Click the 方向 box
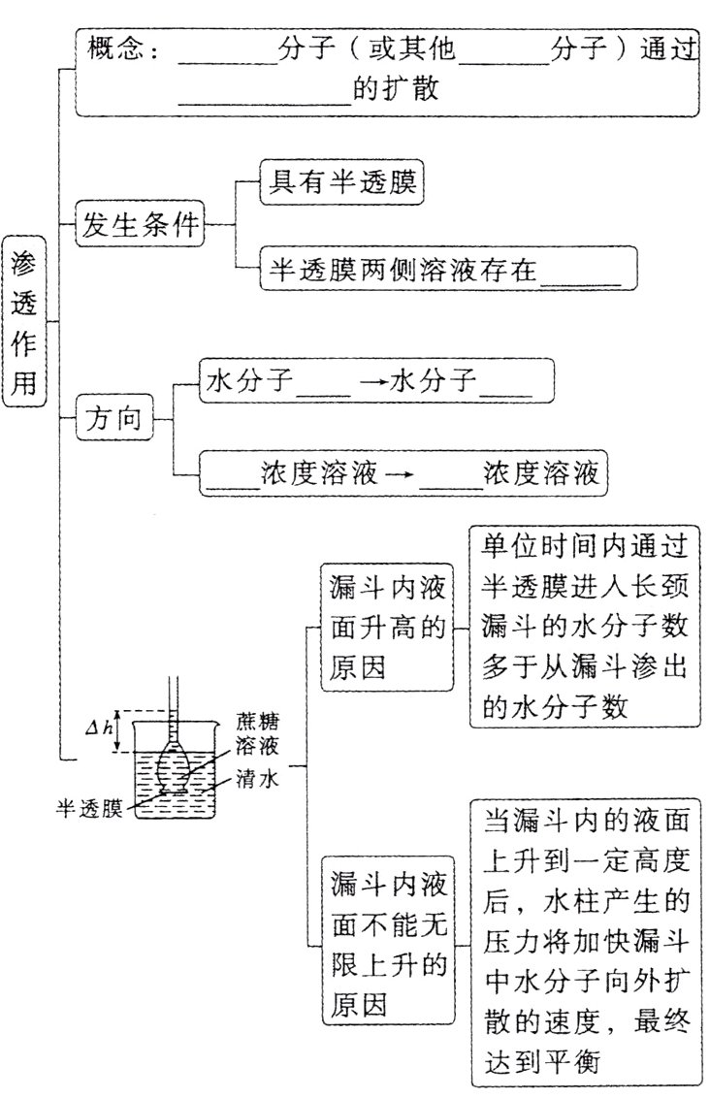point(114,420)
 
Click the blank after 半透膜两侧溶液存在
point(580,271)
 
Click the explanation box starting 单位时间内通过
point(585,627)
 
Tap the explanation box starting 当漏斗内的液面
point(586,942)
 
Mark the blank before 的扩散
point(265,92)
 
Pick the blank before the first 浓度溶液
point(230,476)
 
